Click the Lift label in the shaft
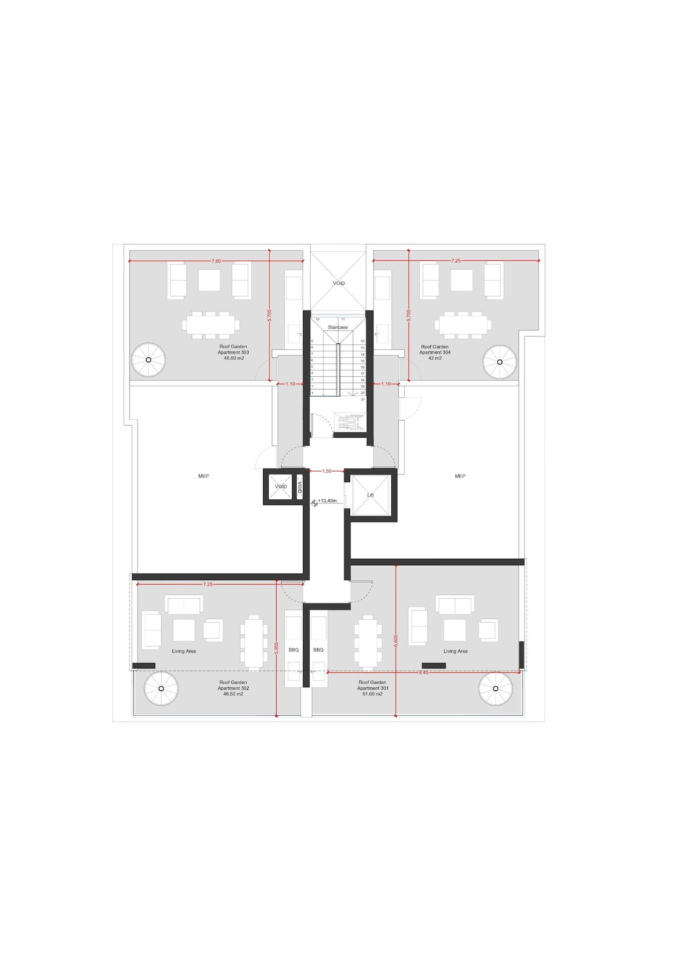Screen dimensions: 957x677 point(370,495)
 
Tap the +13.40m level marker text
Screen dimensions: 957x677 point(328,500)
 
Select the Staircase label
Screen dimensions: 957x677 point(338,327)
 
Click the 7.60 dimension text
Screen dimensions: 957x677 point(216,261)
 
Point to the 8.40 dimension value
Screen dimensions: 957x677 point(423,672)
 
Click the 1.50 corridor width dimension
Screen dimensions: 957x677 point(327,471)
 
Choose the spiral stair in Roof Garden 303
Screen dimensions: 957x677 point(149,360)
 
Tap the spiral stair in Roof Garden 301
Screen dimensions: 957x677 point(496,688)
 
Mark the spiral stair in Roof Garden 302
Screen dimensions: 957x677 point(161,688)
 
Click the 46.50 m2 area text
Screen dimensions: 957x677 point(233,694)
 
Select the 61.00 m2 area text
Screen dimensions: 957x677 point(372,694)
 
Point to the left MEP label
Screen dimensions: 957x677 point(203,476)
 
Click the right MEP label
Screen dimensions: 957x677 point(460,476)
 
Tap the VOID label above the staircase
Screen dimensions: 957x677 point(338,283)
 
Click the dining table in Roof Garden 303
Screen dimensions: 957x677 point(211,325)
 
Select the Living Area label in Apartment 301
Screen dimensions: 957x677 point(456,651)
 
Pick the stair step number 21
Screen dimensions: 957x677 point(363,399)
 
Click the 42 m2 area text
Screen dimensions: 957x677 point(435,358)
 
